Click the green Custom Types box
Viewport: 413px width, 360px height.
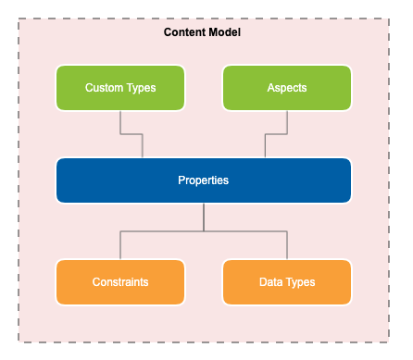point(120,88)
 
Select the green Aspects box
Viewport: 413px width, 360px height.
point(287,88)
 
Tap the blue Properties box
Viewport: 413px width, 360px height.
point(204,180)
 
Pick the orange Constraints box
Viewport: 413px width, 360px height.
point(120,281)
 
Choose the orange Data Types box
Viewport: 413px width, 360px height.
point(287,281)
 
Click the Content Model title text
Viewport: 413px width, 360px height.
point(203,32)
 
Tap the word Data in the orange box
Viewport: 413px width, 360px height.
point(270,281)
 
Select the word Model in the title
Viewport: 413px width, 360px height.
point(226,32)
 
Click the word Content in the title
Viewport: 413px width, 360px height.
point(186,32)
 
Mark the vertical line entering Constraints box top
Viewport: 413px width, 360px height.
point(120,246)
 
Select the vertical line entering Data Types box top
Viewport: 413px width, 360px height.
point(287,246)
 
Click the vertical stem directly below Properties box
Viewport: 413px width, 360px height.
point(204,217)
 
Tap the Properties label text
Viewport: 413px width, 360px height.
point(203,180)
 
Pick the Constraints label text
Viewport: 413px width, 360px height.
point(120,281)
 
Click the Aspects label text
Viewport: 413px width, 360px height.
point(287,88)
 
